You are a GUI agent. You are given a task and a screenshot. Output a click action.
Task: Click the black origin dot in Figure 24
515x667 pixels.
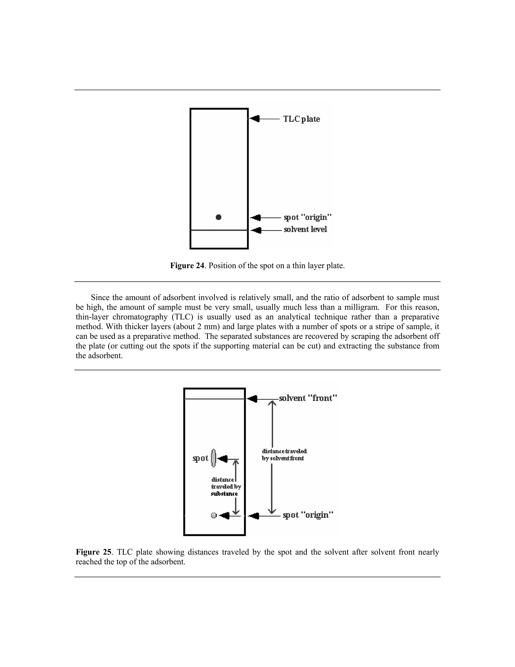pos(219,217)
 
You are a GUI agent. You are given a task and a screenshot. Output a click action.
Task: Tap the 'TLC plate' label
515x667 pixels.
pos(302,119)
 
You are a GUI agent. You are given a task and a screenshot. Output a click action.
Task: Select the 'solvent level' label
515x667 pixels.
pos(305,229)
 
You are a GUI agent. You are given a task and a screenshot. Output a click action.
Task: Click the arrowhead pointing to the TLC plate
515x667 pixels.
pos(255,119)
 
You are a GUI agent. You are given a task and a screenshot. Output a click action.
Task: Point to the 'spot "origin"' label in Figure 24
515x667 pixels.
pos(308,217)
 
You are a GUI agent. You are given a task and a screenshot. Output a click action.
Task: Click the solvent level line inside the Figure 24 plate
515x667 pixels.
pos(219,230)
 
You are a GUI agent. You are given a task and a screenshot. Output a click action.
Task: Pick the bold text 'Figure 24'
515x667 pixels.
pos(187,266)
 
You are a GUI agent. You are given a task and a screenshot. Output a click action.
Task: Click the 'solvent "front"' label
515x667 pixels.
pos(308,398)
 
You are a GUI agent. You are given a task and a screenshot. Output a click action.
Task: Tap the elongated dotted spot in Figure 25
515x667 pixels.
pos(213,458)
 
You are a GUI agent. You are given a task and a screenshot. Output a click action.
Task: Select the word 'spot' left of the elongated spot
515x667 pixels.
pos(200,458)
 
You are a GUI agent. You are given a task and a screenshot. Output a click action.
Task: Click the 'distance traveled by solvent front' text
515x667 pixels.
pos(284,455)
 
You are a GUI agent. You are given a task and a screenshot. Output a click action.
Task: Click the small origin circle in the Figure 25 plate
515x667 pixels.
pos(213,515)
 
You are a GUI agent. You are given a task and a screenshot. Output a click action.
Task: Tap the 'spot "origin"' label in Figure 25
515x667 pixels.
pos(308,515)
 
